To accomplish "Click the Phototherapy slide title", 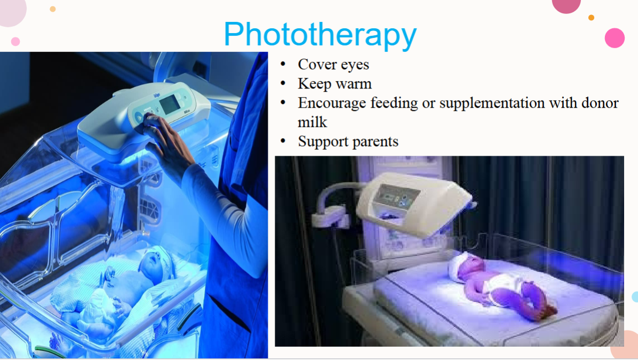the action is [x=320, y=34].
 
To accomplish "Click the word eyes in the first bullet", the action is [x=355, y=65].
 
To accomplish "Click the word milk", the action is [x=313, y=122].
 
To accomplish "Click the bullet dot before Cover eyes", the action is [x=283, y=65].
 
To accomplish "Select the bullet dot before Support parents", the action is [x=283, y=141].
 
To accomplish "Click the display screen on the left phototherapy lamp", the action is [x=170, y=103].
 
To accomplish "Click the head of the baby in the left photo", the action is [x=157, y=263].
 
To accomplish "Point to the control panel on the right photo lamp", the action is [x=396, y=195].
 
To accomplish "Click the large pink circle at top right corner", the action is [x=615, y=38].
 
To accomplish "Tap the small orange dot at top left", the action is [x=52, y=9].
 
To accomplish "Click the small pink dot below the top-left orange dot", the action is [x=15, y=42].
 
